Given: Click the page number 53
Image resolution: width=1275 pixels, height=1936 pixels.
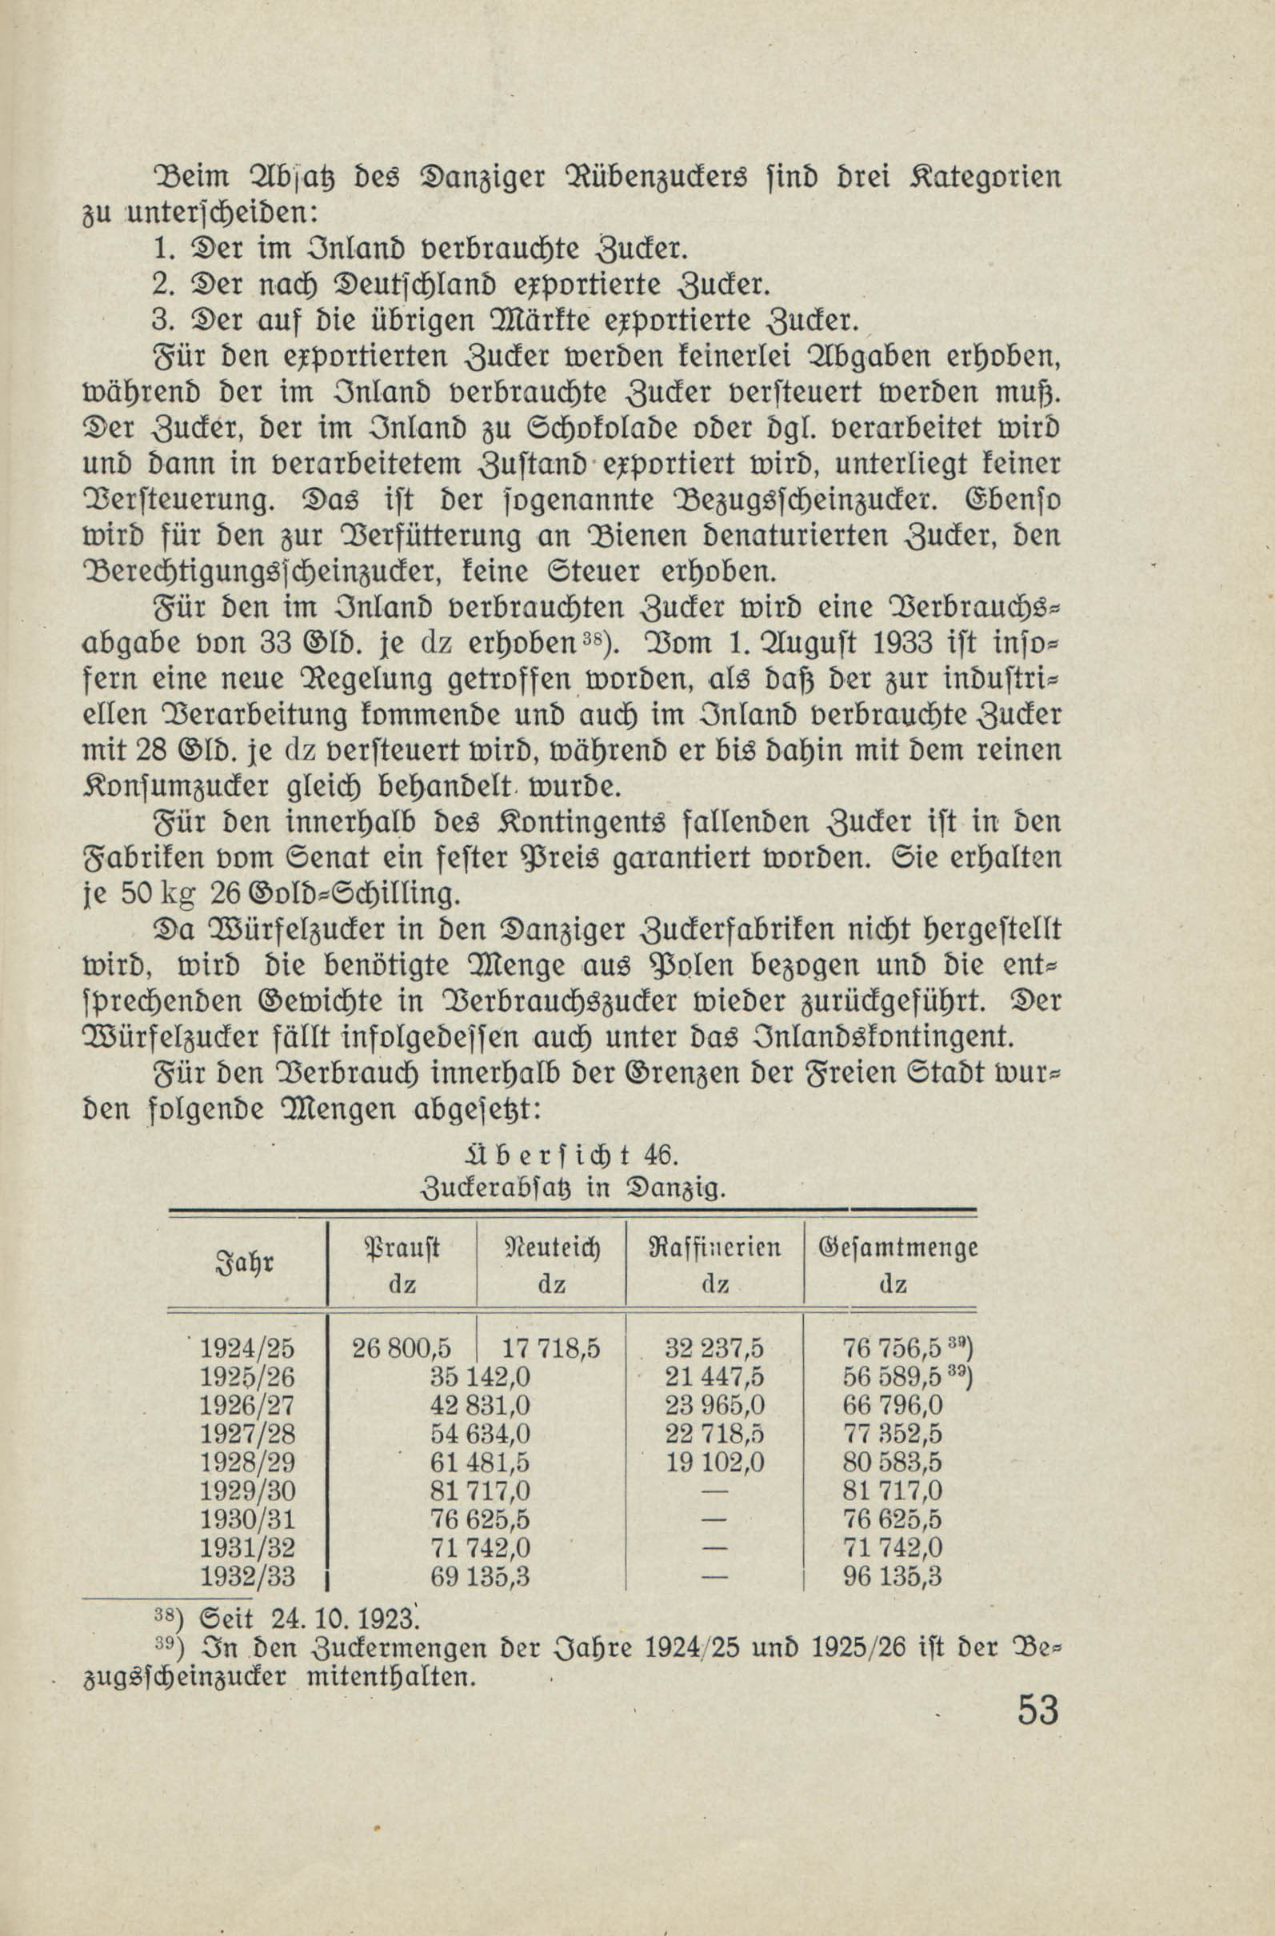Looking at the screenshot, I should [x=1037, y=1709].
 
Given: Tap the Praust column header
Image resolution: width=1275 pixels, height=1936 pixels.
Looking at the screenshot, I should [x=402, y=1247].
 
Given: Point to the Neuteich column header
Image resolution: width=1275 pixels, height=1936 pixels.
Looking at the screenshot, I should [x=551, y=1247].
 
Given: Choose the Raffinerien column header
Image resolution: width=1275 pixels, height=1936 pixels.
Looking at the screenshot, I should [x=714, y=1247].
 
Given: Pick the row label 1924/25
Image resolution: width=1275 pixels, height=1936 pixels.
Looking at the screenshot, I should [x=247, y=1349].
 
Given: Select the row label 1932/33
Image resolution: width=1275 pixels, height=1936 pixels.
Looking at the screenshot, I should [x=247, y=1576].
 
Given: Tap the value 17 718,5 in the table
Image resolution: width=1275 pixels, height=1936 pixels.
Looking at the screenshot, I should [x=551, y=1349].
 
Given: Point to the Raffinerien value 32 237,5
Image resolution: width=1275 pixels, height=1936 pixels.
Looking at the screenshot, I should [x=714, y=1349].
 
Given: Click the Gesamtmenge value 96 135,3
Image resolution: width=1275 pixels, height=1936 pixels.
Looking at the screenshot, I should [x=892, y=1576].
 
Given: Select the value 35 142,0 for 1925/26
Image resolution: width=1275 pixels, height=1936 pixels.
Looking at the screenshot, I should [x=480, y=1377].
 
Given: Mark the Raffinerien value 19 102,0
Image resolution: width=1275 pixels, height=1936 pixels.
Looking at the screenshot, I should [x=714, y=1463].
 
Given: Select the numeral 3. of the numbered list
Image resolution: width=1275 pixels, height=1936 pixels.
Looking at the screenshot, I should [x=161, y=320].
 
